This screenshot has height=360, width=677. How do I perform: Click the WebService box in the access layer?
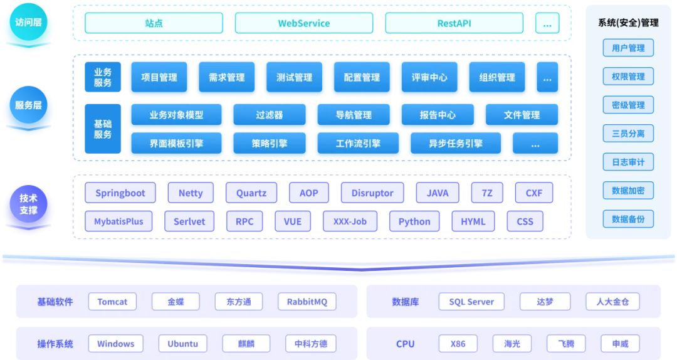tap(304, 23)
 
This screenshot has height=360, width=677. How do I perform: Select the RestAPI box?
tap(454, 23)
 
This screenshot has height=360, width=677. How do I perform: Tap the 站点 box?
tap(154, 23)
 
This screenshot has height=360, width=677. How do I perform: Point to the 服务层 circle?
tap(28, 105)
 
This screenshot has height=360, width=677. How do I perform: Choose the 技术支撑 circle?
tap(28, 204)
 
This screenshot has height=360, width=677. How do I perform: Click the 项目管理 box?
tap(159, 78)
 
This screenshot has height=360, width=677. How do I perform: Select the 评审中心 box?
tap(429, 78)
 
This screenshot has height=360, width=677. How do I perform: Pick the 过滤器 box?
tap(270, 115)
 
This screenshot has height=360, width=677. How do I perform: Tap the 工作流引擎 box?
tap(358, 144)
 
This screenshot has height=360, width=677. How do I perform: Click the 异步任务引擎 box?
tap(456, 144)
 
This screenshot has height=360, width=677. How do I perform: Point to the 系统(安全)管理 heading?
tap(628, 23)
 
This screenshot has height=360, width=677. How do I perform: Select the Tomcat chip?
tap(112, 302)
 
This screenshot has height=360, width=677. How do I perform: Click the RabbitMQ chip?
tap(307, 302)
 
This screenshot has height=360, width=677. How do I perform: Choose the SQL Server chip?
tap(471, 302)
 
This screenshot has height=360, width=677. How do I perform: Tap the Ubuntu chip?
tap(183, 344)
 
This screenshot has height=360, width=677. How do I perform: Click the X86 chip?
tap(458, 344)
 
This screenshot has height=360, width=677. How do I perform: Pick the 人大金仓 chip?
tap(612, 302)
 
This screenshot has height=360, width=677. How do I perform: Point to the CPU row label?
tap(406, 344)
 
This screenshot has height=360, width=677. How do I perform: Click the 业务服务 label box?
tap(103, 78)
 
